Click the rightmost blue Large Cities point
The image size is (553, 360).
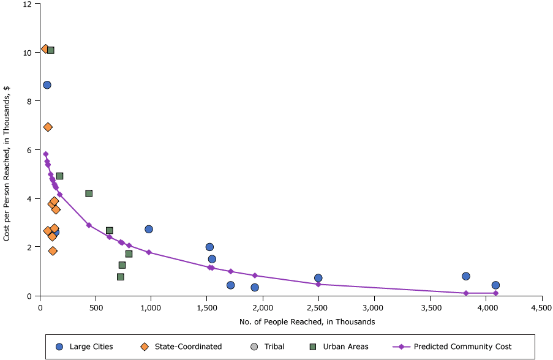tap(495, 285)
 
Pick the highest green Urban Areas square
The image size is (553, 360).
tap(51, 50)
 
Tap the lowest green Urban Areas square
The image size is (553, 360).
tap(121, 277)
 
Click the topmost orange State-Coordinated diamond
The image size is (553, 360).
tap(45, 48)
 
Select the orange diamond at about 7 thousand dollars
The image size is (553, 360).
tap(48, 127)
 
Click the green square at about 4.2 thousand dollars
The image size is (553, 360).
tap(89, 193)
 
